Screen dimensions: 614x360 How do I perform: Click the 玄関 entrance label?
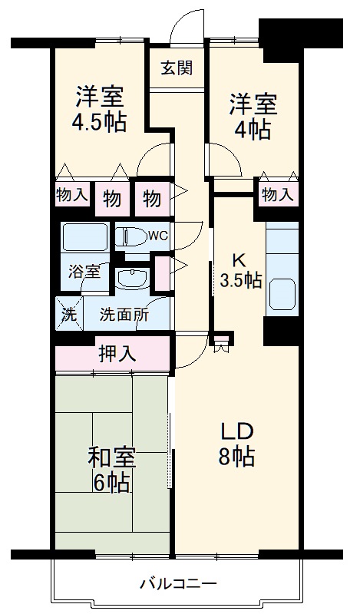[176, 68]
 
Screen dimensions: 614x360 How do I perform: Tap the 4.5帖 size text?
[101, 121]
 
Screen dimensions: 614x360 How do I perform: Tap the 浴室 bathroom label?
[84, 272]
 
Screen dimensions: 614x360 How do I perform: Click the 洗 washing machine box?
[68, 313]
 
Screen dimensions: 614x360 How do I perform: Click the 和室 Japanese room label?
[111, 457]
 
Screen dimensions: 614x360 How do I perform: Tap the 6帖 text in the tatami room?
[111, 483]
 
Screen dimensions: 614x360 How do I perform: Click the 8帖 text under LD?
[236, 457]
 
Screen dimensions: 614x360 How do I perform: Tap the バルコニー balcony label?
[178, 584]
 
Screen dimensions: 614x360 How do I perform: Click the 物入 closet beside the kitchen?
[276, 195]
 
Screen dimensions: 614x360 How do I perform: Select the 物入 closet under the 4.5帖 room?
[71, 195]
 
